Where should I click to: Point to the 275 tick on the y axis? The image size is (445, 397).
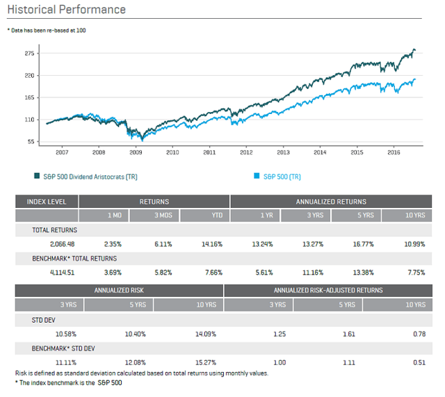coord(29,54)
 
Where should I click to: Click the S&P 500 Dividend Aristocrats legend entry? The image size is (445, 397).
coord(86,177)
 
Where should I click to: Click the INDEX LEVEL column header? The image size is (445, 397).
coord(46,202)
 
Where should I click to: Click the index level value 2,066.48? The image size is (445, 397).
coord(63,244)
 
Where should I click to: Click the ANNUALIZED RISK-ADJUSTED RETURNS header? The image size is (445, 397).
coord(328,290)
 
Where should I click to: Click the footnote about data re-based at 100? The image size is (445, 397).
coord(47,30)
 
